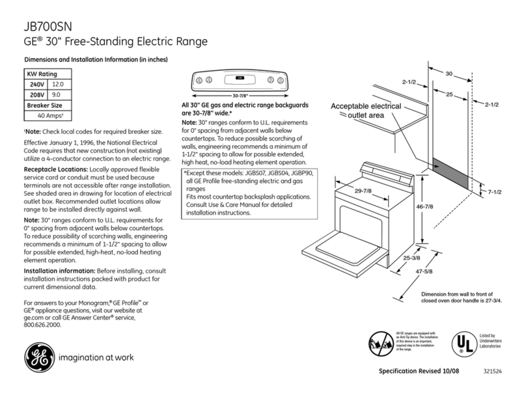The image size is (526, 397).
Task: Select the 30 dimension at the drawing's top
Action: pyautogui.click(x=449, y=74)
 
